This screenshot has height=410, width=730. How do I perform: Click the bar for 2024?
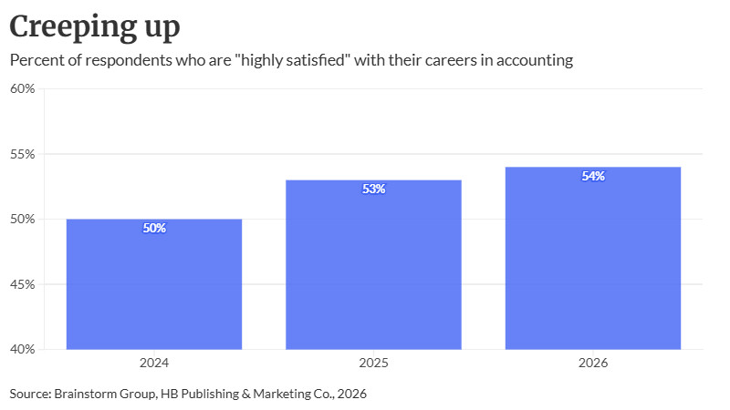[x=154, y=284]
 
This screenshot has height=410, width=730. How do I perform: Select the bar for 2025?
[x=373, y=264]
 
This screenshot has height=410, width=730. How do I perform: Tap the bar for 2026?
[x=593, y=258]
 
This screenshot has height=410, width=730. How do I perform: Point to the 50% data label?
[x=154, y=228]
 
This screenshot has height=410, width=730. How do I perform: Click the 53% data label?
[x=374, y=189]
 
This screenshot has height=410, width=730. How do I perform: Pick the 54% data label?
[x=593, y=176]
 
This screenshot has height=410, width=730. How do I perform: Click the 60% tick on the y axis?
[x=22, y=88]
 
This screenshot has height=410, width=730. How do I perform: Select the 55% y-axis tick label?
[x=22, y=154]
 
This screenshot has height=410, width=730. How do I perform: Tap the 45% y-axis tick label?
[x=22, y=284]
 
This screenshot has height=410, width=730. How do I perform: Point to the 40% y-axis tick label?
[x=22, y=349]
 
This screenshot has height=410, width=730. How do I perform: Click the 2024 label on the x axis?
[x=154, y=363]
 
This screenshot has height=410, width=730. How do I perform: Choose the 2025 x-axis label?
[x=373, y=363]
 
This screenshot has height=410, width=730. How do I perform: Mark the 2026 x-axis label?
[x=593, y=363]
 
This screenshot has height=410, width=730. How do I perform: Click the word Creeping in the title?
[x=73, y=27]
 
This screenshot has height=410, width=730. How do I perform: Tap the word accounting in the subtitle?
[x=535, y=60]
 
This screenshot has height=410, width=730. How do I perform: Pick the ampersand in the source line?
[x=246, y=394]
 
